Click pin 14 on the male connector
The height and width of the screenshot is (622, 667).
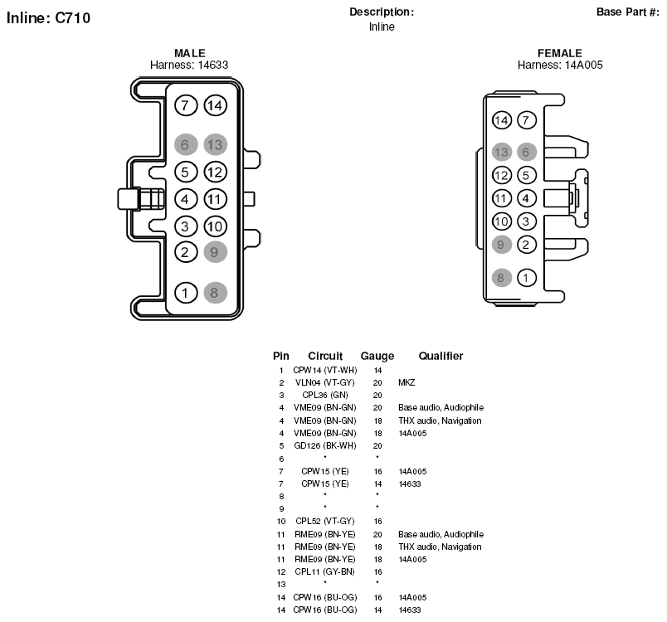215,105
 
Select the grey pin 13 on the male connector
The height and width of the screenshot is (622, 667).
215,144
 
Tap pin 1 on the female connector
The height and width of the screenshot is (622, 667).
527,278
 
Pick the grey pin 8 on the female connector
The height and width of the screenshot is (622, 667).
502,278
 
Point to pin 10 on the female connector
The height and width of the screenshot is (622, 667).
502,221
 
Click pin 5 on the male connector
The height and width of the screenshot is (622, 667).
186,173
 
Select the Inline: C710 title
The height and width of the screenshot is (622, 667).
48,18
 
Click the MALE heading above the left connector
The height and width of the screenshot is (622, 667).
190,53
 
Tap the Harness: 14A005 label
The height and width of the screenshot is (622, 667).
560,65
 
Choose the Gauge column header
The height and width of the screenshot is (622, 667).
377,356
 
